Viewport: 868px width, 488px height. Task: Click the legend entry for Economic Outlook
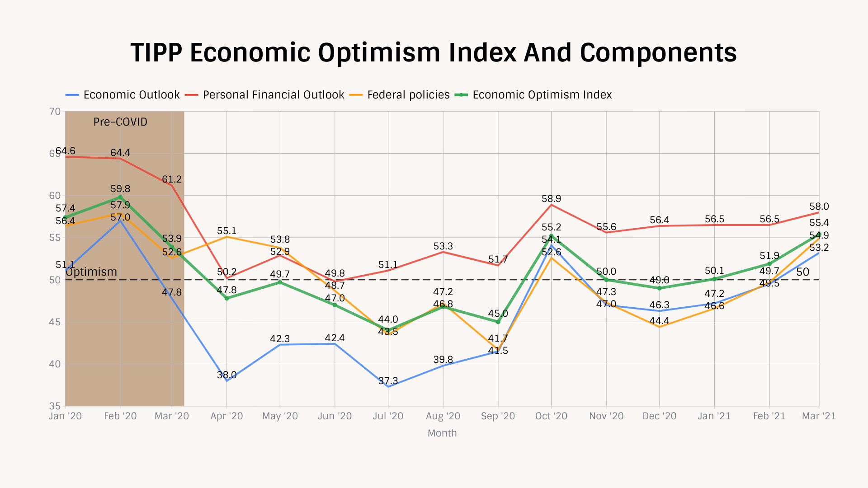click(131, 95)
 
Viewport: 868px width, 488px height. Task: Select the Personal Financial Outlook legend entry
click(273, 95)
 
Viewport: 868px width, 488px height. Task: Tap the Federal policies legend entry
click(408, 95)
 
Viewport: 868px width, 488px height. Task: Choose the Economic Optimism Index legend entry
click(542, 95)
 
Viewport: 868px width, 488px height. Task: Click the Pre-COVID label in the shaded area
click(120, 122)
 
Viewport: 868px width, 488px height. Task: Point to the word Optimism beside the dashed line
click(91, 272)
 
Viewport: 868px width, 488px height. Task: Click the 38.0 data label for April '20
click(226, 375)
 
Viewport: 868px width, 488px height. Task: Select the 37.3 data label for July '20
click(388, 381)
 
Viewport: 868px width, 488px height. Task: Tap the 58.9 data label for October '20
click(551, 199)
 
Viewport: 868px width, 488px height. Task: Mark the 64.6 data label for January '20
click(66, 151)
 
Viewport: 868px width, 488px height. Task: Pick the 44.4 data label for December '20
click(659, 321)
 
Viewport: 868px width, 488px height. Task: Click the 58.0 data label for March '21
click(819, 206)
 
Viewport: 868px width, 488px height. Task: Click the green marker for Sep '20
click(498, 322)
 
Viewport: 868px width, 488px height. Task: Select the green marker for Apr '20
click(226, 298)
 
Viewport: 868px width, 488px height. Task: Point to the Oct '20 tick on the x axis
click(551, 416)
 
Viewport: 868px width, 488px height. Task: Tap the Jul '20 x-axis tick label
click(388, 416)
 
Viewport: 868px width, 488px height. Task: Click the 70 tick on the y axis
click(55, 112)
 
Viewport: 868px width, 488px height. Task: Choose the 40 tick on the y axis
click(55, 364)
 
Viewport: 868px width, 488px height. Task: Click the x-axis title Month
click(442, 433)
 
